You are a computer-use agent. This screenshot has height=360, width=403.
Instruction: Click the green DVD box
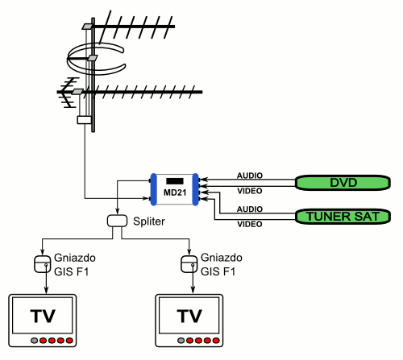tap(343, 183)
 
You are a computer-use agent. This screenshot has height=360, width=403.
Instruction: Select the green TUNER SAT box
tap(343, 217)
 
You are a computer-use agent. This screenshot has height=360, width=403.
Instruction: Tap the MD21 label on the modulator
tap(175, 192)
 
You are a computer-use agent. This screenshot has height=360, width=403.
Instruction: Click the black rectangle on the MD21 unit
tap(175, 181)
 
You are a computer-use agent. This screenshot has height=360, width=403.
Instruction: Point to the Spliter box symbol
tap(117, 221)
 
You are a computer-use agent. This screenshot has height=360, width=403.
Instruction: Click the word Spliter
tap(149, 221)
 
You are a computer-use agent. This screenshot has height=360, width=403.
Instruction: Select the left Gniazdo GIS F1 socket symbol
tap(43, 264)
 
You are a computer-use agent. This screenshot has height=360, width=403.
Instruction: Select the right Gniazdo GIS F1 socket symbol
tap(189, 264)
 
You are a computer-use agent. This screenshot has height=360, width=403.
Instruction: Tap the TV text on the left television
tap(43, 316)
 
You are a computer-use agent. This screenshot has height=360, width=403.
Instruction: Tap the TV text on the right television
tap(189, 316)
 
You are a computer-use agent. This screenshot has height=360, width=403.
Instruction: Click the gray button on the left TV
tap(34, 341)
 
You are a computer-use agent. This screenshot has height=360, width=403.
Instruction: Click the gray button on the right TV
tap(181, 341)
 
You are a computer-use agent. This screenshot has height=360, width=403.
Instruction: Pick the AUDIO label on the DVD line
tap(250, 176)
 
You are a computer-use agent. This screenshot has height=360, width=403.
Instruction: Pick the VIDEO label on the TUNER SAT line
tap(250, 224)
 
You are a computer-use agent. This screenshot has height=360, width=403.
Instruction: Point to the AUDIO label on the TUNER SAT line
tap(250, 209)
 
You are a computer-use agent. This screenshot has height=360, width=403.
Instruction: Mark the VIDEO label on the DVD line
tap(250, 191)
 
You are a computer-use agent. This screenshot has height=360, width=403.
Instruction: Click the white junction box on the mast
tap(85, 120)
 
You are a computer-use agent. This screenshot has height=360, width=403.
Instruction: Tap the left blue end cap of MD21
tap(153, 189)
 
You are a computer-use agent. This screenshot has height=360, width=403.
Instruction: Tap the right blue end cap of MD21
tap(196, 189)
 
